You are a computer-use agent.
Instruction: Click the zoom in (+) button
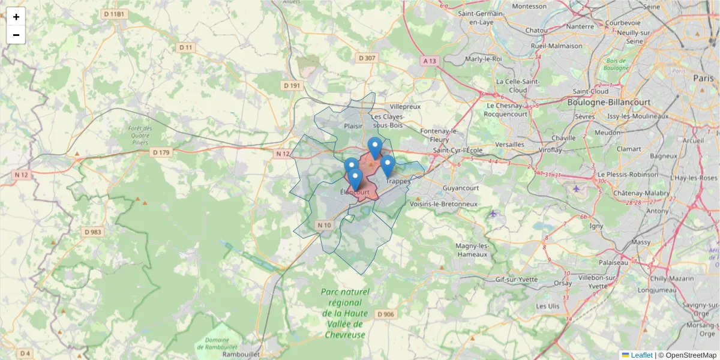coord(16,17)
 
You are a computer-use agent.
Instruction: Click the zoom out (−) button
coord(16,35)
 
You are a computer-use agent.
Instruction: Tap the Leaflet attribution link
coord(641,355)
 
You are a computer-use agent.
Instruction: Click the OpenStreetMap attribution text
coord(691,355)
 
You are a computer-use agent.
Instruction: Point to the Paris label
coord(703,78)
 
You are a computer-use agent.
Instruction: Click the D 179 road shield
coord(161,152)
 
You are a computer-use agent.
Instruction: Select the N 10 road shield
coord(324,225)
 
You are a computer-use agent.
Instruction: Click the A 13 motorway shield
coord(430,61)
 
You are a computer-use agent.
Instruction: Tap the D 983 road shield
coord(93,232)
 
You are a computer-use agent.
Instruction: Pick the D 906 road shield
coord(386,314)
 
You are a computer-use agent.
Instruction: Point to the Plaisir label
coord(353,126)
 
